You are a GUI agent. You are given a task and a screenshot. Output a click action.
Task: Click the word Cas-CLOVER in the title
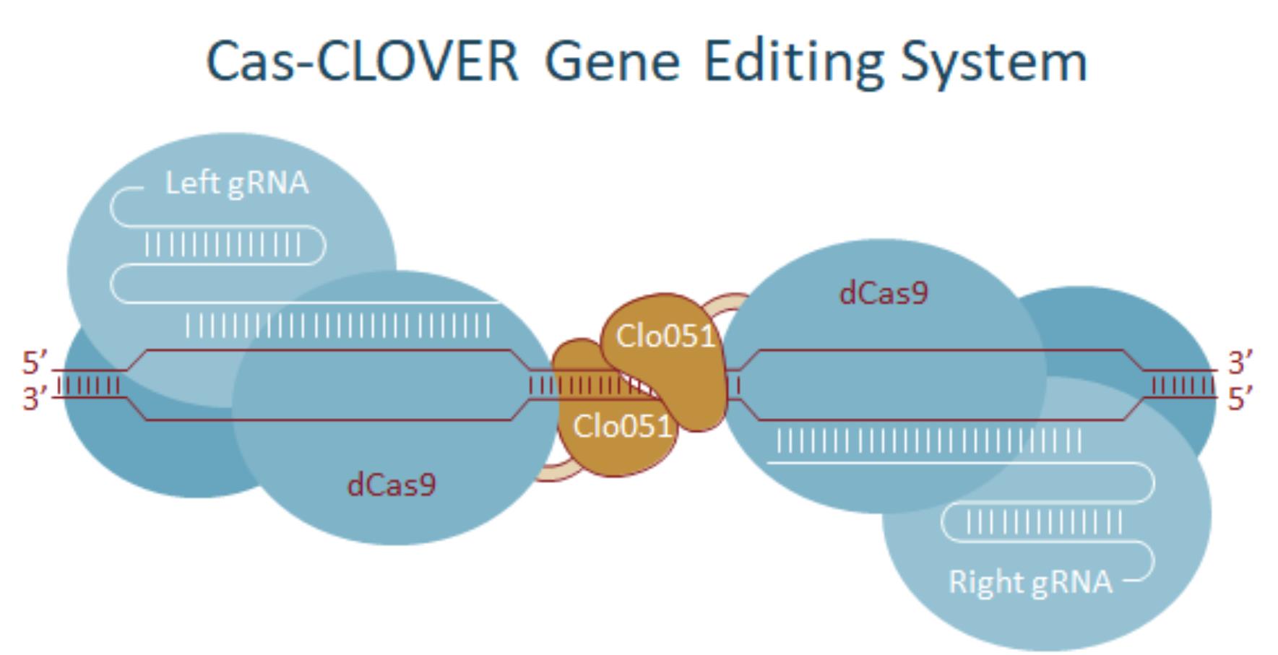362,61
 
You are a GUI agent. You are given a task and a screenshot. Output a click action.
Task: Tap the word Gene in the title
611,61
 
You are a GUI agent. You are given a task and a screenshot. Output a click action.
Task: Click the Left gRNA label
236,183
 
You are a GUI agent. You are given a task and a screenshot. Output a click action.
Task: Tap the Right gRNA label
1030,582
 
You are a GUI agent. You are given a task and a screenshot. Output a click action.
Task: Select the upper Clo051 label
665,337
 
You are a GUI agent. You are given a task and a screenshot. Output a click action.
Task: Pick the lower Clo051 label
622,427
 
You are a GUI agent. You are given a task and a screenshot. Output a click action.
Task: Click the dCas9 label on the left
392,485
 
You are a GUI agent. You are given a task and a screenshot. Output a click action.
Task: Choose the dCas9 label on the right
883,293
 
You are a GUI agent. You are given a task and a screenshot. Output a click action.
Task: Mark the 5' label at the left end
34,363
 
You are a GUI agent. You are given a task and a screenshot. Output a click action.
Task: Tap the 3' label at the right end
1240,363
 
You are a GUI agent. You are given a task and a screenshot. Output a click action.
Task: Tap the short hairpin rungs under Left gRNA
223,246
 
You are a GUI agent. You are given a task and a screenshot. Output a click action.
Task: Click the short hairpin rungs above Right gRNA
1044,523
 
